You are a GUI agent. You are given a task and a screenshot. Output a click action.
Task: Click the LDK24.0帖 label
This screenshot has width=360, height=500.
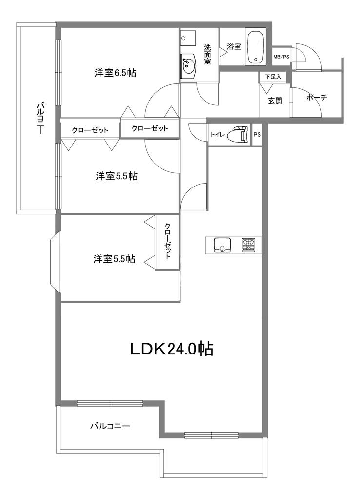tap(172, 349)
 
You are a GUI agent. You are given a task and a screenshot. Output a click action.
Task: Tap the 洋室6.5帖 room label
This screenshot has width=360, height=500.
tap(115, 73)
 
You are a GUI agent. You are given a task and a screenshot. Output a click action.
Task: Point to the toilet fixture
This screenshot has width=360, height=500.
tap(238, 134)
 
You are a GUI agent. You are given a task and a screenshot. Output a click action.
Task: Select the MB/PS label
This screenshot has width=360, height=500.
tap(281, 57)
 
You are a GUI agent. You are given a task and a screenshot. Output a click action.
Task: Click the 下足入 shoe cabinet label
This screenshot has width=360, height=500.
tap(273, 77)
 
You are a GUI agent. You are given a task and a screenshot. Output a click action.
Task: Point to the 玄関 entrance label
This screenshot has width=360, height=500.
tap(275, 101)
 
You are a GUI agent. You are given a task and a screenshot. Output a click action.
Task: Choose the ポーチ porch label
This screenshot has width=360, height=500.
tap(317, 97)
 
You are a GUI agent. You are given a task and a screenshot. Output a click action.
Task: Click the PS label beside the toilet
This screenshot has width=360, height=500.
tap(257, 135)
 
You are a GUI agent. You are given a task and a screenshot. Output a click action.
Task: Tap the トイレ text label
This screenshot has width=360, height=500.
tap(218, 135)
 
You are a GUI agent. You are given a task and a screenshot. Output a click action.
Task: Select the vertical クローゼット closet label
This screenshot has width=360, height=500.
tap(168, 241)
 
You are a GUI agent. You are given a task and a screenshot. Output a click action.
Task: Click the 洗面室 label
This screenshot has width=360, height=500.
tap(207, 54)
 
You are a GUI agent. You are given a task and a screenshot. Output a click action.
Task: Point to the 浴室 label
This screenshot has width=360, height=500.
tap(234, 46)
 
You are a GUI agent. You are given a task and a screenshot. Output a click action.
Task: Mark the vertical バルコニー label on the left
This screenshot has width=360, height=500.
tap(40, 118)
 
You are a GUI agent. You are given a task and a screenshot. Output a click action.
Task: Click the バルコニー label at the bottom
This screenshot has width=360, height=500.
tap(110, 426)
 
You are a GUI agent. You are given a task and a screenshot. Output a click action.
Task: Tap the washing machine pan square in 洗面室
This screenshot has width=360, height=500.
tap(188, 38)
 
